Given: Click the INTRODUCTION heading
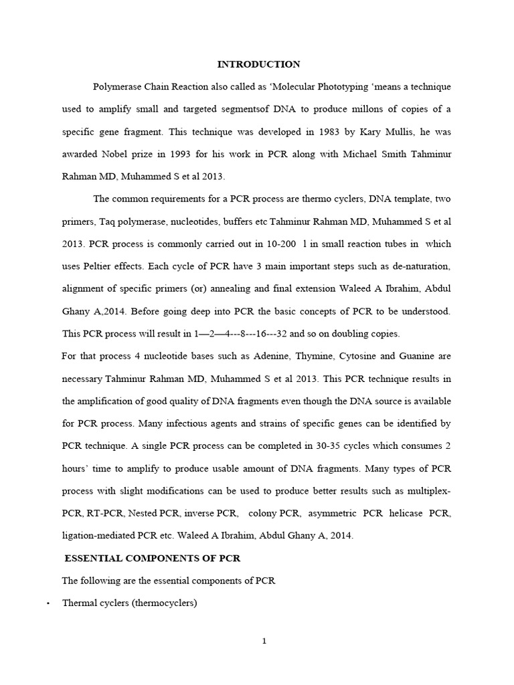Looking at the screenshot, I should coord(258,65).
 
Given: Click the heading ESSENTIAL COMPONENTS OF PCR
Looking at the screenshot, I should coord(152,558).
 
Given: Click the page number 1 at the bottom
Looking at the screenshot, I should coord(264,642).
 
